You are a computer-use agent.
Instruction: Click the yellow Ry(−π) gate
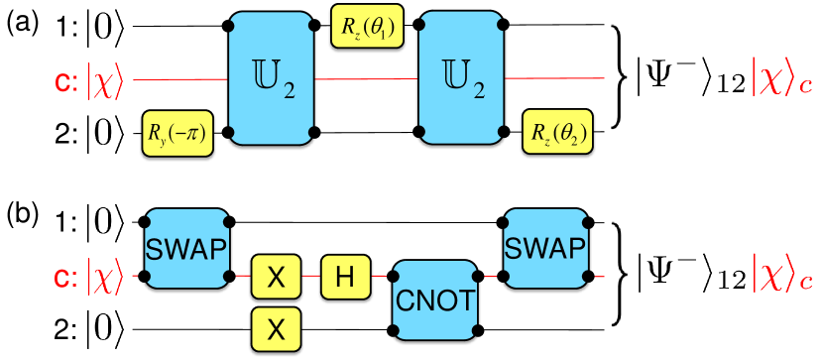(176, 132)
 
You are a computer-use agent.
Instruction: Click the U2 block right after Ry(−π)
(272, 77)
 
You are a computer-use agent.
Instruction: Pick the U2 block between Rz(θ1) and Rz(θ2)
(462, 77)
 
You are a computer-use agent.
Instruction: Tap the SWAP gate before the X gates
(186, 247)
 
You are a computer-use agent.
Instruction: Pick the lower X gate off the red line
(277, 326)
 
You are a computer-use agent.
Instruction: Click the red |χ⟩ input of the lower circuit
(105, 276)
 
